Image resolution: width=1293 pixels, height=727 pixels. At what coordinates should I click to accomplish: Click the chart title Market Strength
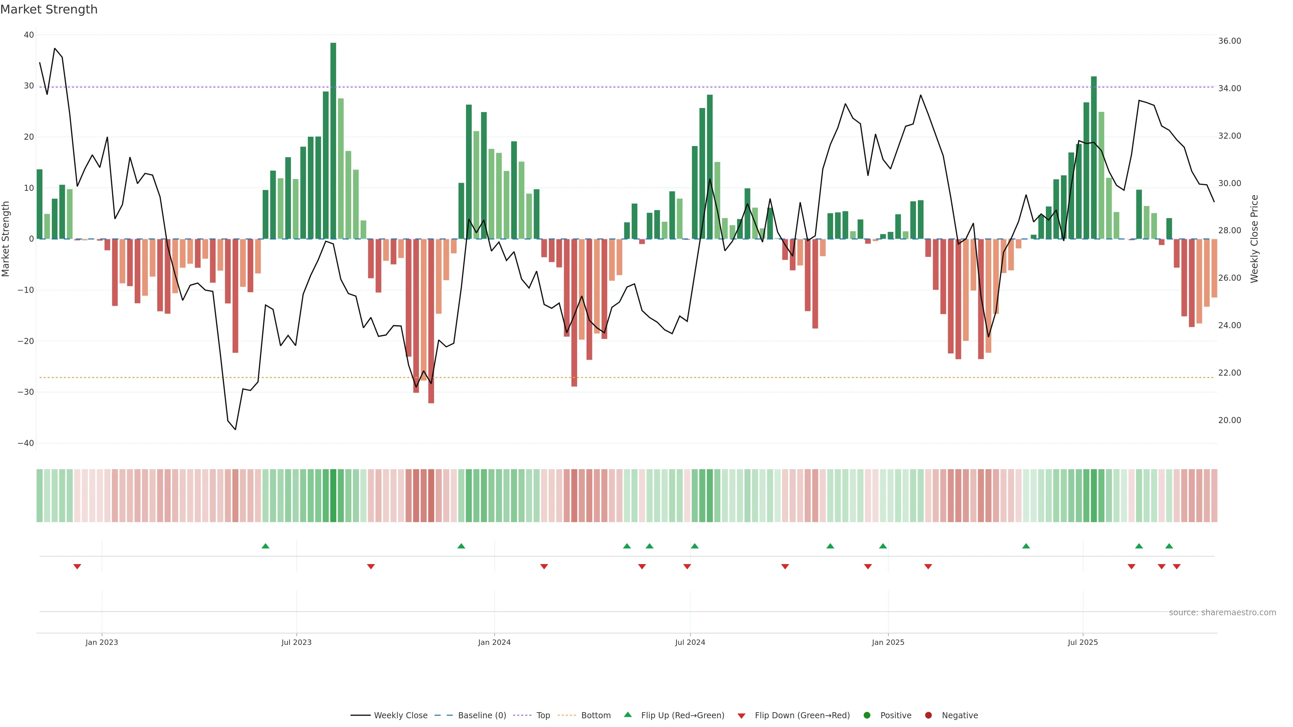pyautogui.click(x=49, y=9)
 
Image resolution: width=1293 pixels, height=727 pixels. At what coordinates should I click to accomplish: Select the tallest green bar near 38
pyautogui.click(x=333, y=140)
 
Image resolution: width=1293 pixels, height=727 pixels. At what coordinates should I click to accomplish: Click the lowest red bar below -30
pyautogui.click(x=431, y=321)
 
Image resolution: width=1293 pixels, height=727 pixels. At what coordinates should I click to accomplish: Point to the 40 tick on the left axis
pyautogui.click(x=29, y=35)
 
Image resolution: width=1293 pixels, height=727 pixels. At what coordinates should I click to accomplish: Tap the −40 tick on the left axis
pyautogui.click(x=26, y=444)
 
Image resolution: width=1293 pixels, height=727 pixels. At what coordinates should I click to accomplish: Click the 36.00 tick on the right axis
pyautogui.click(x=1229, y=41)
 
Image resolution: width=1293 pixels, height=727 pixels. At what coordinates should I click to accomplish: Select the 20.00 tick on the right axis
pyautogui.click(x=1229, y=420)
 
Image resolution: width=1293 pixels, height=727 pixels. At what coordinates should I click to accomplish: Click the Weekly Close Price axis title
pyautogui.click(x=1254, y=239)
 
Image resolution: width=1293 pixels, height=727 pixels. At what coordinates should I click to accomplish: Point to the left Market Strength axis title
pyautogui.click(x=6, y=239)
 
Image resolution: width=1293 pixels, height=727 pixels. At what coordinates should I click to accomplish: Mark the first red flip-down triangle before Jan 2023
pyautogui.click(x=77, y=567)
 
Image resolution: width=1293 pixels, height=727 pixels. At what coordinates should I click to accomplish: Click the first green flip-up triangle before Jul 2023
pyautogui.click(x=266, y=546)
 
